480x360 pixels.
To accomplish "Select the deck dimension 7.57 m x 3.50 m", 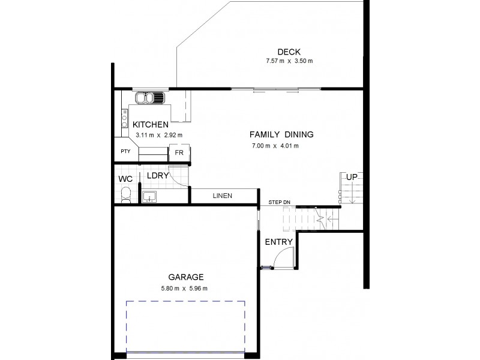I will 290,61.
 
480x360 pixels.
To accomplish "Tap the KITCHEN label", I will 151,124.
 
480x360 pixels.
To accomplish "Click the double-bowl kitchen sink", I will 149,97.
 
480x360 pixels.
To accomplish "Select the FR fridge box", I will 179,152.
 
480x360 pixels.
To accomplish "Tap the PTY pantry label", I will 125,152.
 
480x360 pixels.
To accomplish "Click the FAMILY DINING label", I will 281,134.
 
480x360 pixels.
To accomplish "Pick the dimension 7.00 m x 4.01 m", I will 275,146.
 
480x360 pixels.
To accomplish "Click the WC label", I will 125,179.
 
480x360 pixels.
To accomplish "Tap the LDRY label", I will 157,176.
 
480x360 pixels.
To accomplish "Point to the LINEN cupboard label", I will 222,196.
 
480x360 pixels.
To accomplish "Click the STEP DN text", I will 278,202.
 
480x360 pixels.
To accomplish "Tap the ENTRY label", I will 278,242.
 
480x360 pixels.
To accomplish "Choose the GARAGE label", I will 187,277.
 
